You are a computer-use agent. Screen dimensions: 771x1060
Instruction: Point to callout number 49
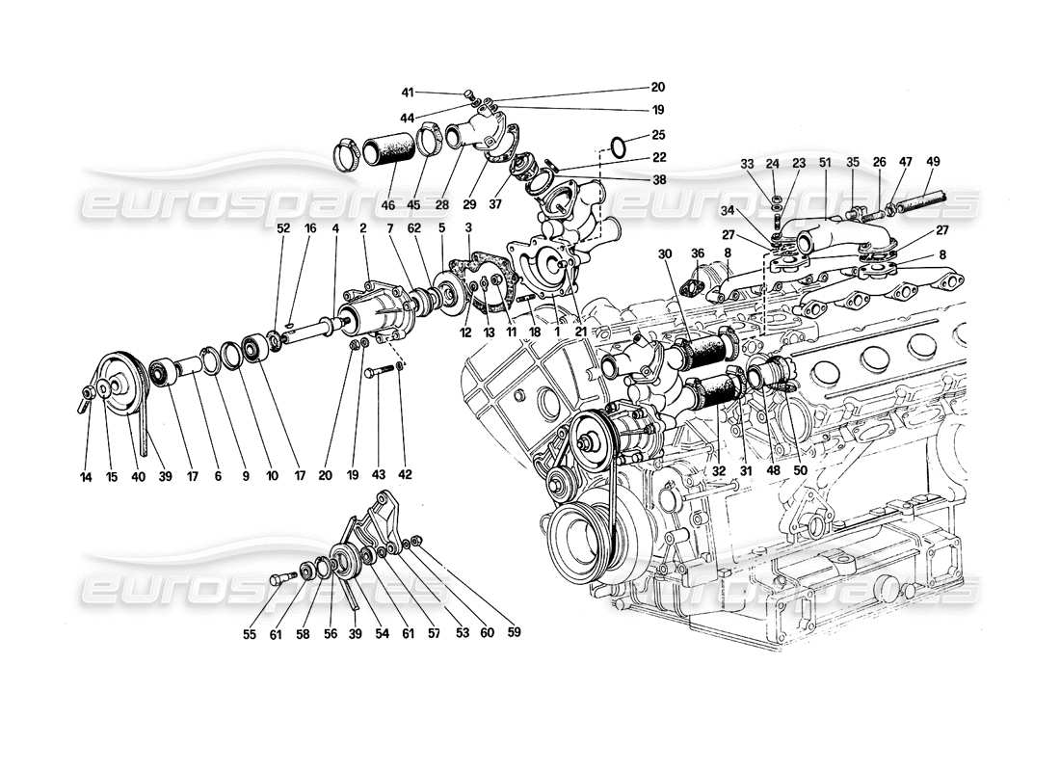pyautogui.click(x=934, y=162)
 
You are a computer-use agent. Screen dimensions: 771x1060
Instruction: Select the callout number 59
pyautogui.click(x=514, y=633)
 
